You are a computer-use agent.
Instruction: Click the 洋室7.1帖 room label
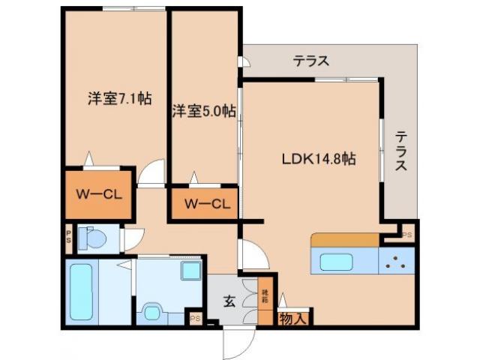coord(120,98)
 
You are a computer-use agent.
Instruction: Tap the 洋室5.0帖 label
coord(204,112)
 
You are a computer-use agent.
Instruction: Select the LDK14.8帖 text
coord(318,159)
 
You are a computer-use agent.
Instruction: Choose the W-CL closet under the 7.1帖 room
coord(98,193)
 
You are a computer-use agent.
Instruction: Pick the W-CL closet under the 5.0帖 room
coord(205,202)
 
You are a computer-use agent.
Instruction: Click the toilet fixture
coord(93,238)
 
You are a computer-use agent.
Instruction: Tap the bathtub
coord(80,290)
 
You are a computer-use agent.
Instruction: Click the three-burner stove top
coord(397,262)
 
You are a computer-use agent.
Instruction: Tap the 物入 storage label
coord(294,318)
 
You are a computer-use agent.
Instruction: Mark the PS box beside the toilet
coord(67,238)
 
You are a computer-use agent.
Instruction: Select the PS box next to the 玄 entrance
coord(195,318)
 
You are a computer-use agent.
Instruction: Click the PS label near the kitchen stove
coord(407,234)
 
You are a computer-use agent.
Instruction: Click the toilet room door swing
coord(133,239)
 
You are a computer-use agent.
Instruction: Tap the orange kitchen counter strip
coord(345,240)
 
